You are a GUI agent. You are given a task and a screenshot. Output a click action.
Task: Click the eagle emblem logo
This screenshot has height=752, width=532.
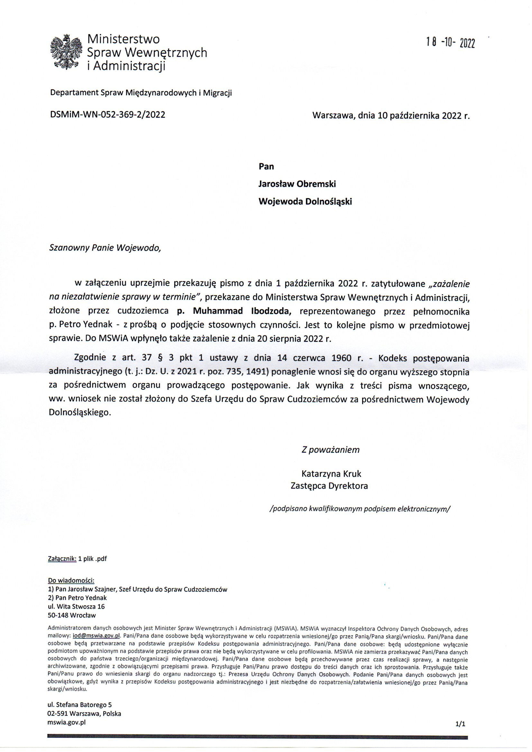click(66, 52)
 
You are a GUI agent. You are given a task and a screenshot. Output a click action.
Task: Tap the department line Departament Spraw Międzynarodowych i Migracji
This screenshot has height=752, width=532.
click(141, 93)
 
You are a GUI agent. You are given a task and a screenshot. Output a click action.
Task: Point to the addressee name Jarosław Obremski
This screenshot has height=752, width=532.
click(297, 184)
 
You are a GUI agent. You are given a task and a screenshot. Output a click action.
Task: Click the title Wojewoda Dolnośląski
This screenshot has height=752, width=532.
click(305, 201)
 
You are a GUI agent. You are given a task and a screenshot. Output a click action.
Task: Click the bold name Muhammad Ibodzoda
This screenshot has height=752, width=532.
click(234, 311)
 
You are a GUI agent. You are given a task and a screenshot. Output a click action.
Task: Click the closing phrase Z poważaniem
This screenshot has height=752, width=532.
click(330, 450)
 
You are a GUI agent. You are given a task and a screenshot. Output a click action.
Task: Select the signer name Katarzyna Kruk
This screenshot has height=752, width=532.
click(331, 473)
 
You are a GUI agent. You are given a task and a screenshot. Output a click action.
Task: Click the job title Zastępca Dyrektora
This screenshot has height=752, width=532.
click(329, 486)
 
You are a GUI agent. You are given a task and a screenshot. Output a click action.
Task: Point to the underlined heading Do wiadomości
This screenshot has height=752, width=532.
click(71, 581)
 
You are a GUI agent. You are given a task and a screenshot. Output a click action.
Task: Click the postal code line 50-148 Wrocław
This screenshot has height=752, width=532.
click(72, 615)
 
